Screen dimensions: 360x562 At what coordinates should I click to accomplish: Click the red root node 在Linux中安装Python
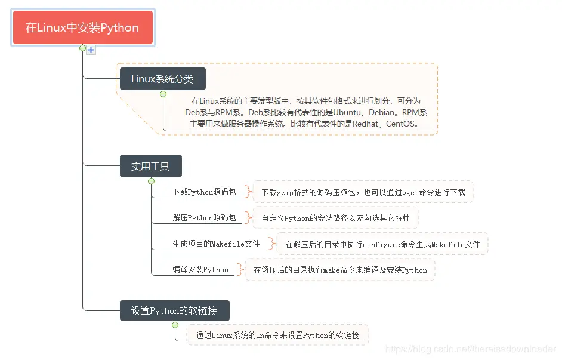click(x=82, y=27)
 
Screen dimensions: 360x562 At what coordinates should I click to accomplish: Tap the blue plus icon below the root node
click(x=91, y=50)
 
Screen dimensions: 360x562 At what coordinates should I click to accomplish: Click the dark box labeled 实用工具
click(x=150, y=166)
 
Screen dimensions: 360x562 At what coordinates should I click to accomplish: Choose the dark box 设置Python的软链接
click(x=174, y=310)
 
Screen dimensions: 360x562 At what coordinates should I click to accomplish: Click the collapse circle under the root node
click(x=83, y=48)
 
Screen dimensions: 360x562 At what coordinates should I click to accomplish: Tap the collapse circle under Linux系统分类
click(x=163, y=93)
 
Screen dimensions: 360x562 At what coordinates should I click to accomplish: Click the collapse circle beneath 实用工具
click(x=151, y=180)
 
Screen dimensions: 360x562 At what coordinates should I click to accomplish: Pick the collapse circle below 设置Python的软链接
click(x=175, y=325)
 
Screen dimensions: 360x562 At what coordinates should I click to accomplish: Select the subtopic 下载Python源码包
click(x=204, y=192)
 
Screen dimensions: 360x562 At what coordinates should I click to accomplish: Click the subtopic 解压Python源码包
click(x=204, y=218)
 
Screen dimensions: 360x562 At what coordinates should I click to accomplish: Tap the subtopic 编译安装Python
click(x=200, y=270)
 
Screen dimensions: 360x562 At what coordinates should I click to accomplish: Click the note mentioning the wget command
click(x=363, y=192)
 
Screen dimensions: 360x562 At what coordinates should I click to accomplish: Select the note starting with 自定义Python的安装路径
click(x=336, y=218)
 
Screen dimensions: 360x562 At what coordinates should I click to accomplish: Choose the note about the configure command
click(x=382, y=244)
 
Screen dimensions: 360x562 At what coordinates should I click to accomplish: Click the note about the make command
click(x=340, y=270)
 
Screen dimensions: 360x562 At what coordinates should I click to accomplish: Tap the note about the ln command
click(x=277, y=336)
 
